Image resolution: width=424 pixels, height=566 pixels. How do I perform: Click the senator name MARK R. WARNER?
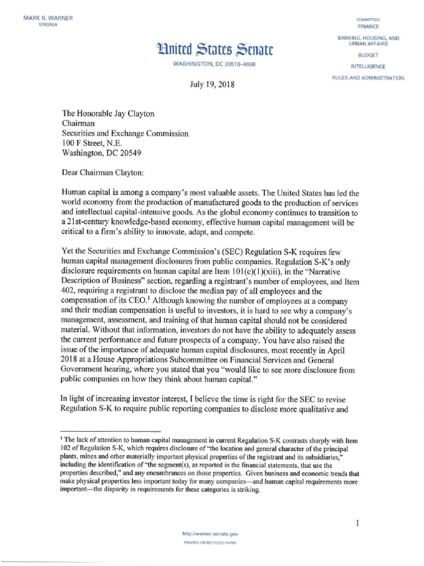click(48, 18)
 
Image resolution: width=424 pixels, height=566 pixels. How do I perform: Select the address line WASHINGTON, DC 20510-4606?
click(214, 65)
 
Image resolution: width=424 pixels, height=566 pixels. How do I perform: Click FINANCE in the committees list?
click(368, 26)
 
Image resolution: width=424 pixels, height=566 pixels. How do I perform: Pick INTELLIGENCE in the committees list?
click(368, 67)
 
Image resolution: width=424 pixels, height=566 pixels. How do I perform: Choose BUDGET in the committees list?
click(368, 56)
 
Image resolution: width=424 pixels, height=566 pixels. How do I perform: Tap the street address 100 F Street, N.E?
click(88, 143)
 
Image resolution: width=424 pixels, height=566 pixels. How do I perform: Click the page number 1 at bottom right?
click(358, 522)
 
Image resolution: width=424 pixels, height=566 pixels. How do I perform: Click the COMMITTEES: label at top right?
click(368, 19)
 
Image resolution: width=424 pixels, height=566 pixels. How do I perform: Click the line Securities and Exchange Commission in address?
click(125, 133)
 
